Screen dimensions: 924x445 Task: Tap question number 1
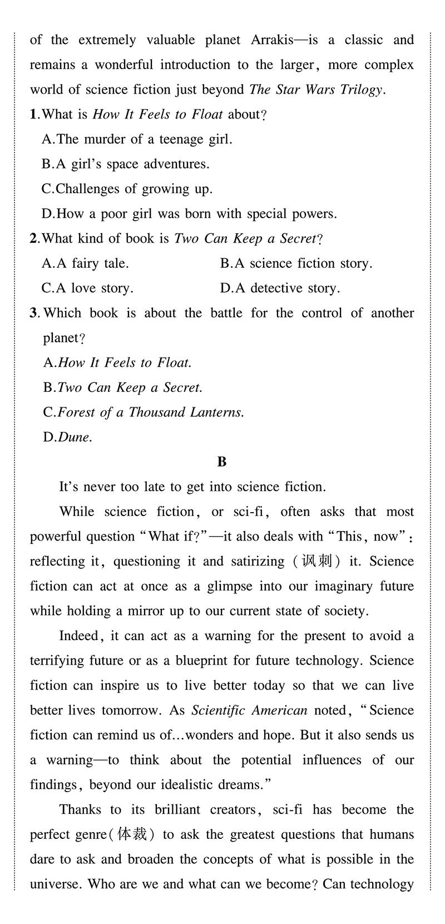coord(34,115)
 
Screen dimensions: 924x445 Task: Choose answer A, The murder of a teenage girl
coord(137,139)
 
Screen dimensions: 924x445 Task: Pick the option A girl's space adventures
coord(126,164)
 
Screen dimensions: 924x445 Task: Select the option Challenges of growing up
coord(127,189)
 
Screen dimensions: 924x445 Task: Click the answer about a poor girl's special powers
coord(189,214)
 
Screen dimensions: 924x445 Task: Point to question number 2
coord(34,239)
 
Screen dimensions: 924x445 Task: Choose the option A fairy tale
coord(85,263)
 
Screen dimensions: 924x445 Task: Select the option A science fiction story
coord(296,263)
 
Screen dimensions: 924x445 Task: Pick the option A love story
coord(87,288)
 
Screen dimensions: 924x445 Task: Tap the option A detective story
coord(280,288)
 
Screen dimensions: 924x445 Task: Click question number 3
coord(34,313)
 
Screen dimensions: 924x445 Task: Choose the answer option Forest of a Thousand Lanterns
coord(144,412)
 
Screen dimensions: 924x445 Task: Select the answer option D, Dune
coord(67,438)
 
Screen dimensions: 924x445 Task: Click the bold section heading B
coord(222,462)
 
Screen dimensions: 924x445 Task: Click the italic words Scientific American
coord(249,710)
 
